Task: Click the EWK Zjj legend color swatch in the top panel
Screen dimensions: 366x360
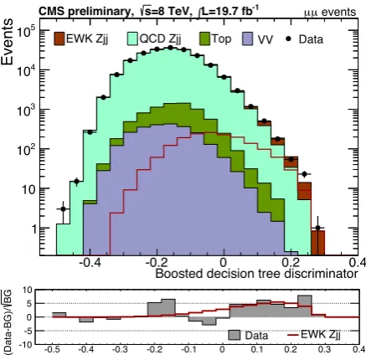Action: pos(59,39)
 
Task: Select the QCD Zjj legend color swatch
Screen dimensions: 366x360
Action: pos(132,39)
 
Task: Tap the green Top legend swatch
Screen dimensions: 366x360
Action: pos(204,39)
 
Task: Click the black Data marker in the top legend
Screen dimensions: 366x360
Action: pos(288,39)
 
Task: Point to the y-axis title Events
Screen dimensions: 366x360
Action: pos(7,42)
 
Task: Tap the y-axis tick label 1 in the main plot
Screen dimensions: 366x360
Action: pos(34,229)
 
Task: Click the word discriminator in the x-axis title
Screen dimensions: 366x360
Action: pos(321,274)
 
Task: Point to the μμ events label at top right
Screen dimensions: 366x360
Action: pos(330,13)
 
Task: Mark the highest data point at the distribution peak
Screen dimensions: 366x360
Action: pos(170,48)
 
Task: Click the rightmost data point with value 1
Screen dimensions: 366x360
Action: pos(317,228)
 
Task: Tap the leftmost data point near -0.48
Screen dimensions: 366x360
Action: pos(63,208)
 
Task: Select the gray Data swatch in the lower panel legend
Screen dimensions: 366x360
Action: pos(234,335)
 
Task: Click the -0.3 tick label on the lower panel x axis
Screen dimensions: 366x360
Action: pos(121,349)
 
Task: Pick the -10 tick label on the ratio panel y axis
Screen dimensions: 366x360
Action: pos(27,345)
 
